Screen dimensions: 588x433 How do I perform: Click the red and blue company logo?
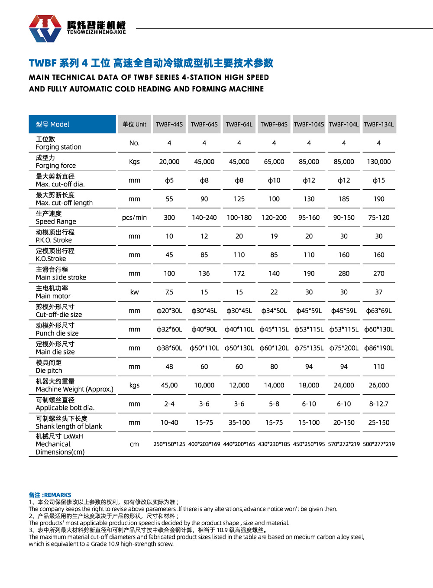pos(45,28)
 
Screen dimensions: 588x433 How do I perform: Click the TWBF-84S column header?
pos(274,124)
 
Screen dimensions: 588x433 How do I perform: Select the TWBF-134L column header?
pos(379,124)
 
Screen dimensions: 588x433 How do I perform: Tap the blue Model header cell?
pos(72,124)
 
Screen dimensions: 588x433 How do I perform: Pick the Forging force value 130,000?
pos(379,162)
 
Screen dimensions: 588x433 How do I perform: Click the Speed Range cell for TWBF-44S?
pos(169,218)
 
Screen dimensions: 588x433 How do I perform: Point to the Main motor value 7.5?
pos(169,292)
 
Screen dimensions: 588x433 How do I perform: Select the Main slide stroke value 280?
pos(344,273)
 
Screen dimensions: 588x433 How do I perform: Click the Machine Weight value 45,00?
pos(169,385)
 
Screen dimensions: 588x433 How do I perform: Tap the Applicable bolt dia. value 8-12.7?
pos(379,404)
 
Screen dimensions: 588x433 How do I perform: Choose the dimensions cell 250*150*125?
pos(169,444)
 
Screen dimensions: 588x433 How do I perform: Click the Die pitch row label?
pos(49,367)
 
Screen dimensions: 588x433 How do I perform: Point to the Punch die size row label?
pos(57,329)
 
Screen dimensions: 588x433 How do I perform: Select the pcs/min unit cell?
pos(134,218)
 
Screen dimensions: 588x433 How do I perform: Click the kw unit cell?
pos(134,292)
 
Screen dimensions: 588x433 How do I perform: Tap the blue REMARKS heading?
pos(50,495)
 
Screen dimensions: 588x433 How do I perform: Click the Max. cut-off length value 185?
pos(344,199)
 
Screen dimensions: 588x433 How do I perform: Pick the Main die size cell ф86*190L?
pos(379,348)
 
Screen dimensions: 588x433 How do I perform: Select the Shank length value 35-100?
pos(239,422)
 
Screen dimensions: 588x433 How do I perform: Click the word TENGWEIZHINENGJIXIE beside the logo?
pos(96,32)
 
